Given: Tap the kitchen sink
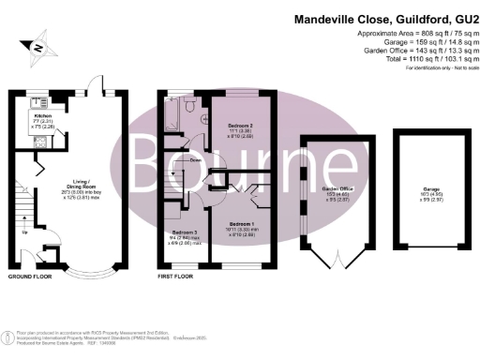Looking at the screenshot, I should point(37,102).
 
